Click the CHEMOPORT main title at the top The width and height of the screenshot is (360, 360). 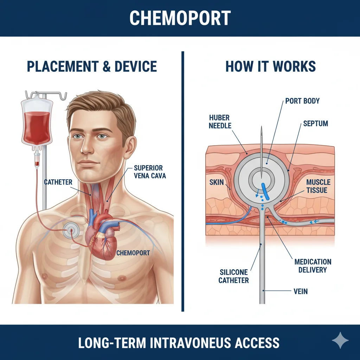[x=180, y=18]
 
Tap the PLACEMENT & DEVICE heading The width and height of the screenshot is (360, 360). [x=92, y=66]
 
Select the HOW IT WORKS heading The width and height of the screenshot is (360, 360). [x=270, y=66]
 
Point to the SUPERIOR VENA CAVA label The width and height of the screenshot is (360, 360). [x=150, y=172]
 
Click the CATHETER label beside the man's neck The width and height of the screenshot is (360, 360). [x=58, y=182]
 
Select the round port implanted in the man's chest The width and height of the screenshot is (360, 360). [x=71, y=230]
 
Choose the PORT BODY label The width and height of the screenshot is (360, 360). [x=302, y=101]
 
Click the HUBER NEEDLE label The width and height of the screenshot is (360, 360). [x=220, y=122]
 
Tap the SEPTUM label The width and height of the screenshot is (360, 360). [x=315, y=123]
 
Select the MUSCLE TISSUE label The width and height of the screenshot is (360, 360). [x=318, y=186]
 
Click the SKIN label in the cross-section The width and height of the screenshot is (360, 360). [x=217, y=182]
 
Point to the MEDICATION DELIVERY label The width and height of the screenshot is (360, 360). [x=313, y=266]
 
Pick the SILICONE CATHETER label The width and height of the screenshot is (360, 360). [x=234, y=276]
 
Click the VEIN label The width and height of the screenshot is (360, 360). [x=301, y=291]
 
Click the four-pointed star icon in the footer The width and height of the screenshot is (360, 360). [x=340, y=340]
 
